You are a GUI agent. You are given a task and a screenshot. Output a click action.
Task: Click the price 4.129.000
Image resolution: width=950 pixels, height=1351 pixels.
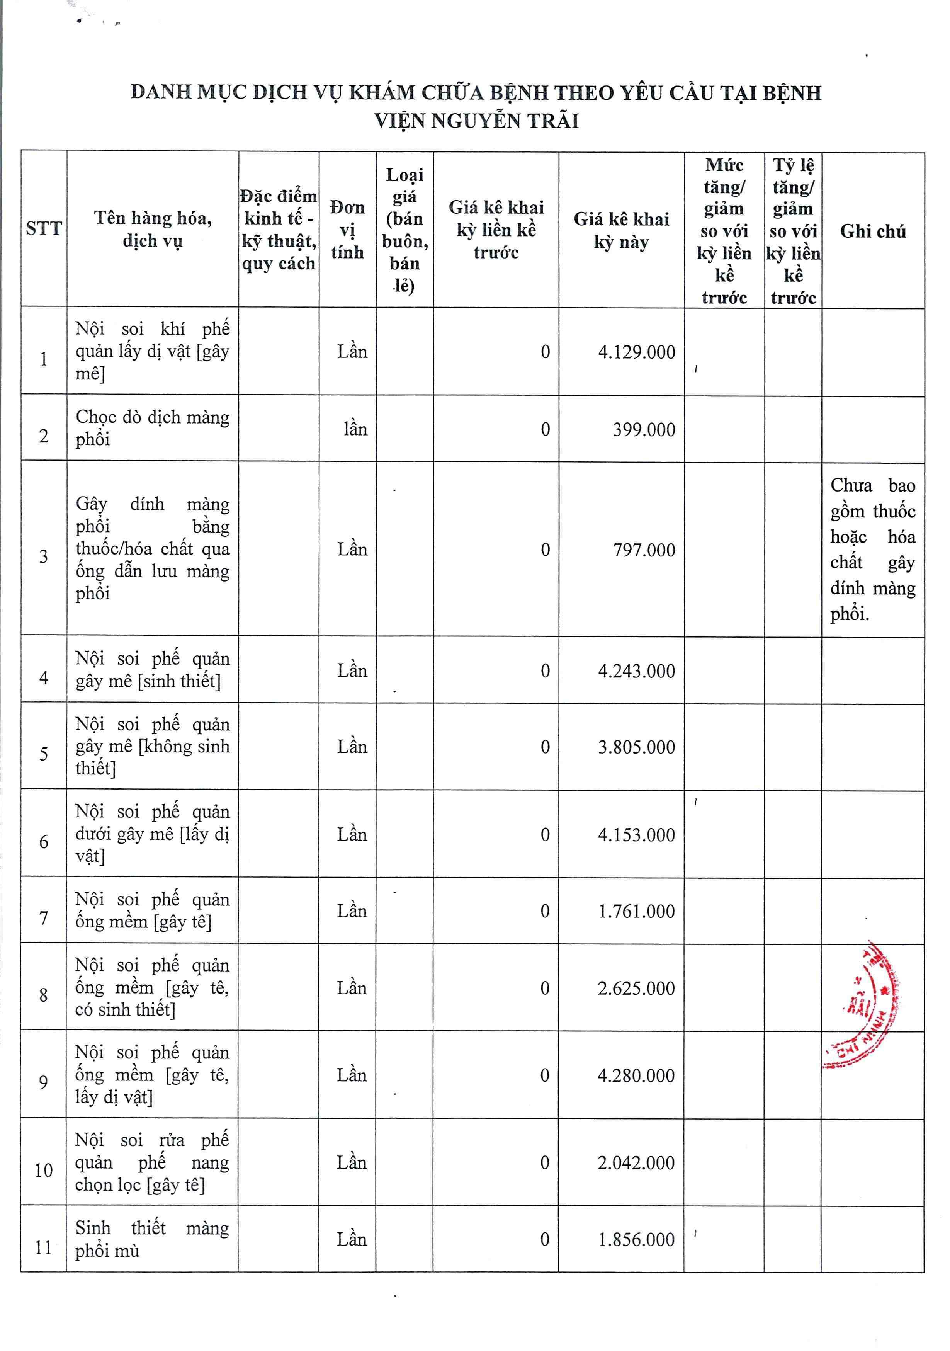636,352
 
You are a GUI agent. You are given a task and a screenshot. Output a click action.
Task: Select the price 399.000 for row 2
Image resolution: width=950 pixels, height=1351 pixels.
644,430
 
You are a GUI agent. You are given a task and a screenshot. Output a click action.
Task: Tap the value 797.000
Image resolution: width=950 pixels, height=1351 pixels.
644,550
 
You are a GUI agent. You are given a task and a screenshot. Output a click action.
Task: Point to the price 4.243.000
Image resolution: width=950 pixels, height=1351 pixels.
636,671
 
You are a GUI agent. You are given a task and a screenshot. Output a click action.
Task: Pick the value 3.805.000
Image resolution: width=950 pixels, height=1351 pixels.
636,747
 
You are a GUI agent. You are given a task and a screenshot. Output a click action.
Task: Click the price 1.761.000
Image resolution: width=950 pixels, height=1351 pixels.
636,912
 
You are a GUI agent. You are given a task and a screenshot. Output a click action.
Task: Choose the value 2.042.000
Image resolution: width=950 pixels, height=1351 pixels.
636,1163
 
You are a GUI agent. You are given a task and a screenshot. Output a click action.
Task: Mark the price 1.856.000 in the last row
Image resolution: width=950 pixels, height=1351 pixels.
636,1240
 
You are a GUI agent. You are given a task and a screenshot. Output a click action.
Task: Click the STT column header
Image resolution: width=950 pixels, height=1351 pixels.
44,228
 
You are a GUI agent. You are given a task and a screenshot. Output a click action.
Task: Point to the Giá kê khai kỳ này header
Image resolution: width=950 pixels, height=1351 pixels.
621,230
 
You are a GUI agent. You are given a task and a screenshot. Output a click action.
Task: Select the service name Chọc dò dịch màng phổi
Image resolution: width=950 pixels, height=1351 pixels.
152,428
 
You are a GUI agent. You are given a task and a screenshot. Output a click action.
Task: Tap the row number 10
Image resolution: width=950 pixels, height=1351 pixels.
44,1171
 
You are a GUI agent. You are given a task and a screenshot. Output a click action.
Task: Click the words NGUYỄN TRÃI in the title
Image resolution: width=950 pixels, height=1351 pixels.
505,121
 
